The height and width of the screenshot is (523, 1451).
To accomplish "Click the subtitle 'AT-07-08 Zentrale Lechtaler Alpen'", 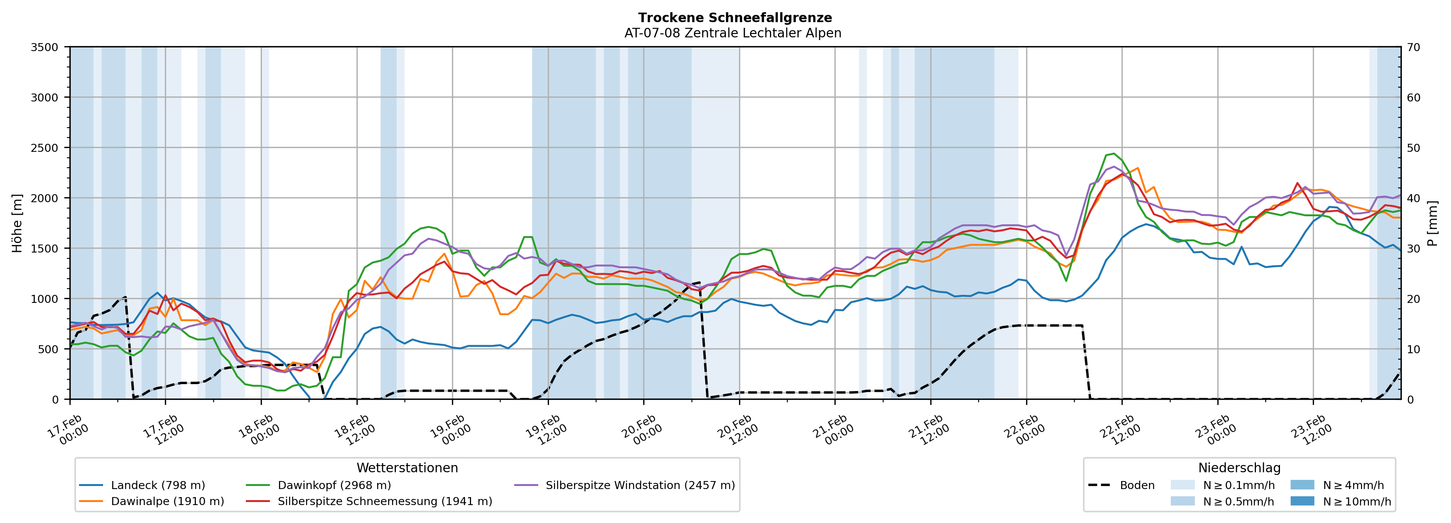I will click(732, 33).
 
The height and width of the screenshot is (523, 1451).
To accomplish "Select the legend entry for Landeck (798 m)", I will click(158, 485).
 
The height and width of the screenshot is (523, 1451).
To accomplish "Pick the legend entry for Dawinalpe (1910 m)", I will click(167, 501).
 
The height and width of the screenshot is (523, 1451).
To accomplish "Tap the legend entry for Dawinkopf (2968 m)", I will click(334, 485).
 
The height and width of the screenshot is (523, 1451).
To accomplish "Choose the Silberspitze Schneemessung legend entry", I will click(385, 501).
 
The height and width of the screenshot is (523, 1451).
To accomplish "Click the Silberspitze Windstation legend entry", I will click(640, 485).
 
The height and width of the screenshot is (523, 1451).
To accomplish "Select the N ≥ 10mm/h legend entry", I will click(1356, 501).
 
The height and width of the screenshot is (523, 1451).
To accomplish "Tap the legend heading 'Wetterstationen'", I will click(407, 468).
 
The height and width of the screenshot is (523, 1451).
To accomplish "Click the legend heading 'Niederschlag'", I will click(1239, 468).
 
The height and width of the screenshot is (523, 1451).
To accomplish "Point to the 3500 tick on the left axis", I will click(45, 47).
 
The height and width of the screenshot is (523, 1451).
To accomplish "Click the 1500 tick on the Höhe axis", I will click(45, 248).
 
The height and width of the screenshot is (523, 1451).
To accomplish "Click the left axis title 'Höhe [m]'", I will click(18, 223).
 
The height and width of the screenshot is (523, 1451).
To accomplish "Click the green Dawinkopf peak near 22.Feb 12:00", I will click(1113, 153).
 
